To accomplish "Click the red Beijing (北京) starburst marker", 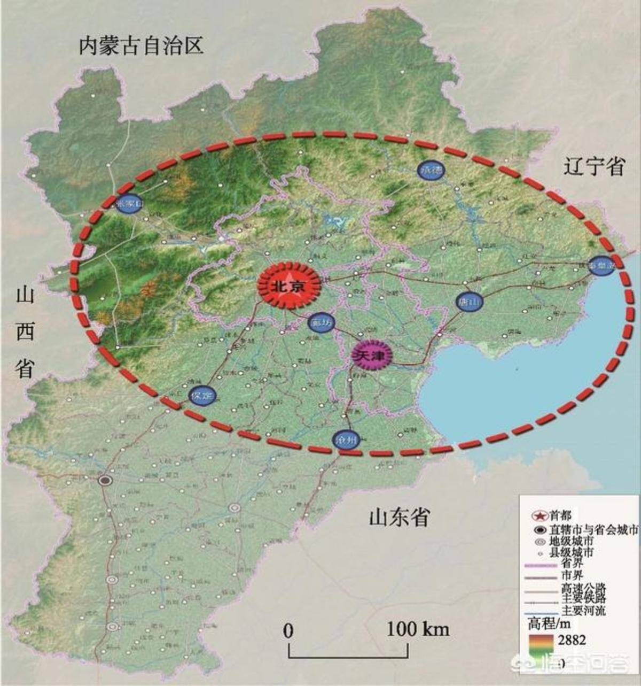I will pyautogui.click(x=289, y=286).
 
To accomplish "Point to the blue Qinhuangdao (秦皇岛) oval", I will pyautogui.click(x=600, y=266).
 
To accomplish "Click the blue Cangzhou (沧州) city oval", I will pyautogui.click(x=345, y=441).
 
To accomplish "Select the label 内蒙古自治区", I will pyautogui.click(x=141, y=45).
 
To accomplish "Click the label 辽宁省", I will pyautogui.click(x=593, y=167).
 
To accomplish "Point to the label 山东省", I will pyautogui.click(x=399, y=517).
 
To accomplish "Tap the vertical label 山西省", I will pyautogui.click(x=25, y=332).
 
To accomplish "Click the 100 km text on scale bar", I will pyautogui.click(x=418, y=629).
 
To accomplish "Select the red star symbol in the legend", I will pyautogui.click(x=540, y=515).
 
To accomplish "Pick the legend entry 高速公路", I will pyautogui.click(x=583, y=588).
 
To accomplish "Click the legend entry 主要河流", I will pyautogui.click(x=583, y=610).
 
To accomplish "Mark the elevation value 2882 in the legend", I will pyautogui.click(x=571, y=639).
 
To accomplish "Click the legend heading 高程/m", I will pyautogui.click(x=550, y=623).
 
